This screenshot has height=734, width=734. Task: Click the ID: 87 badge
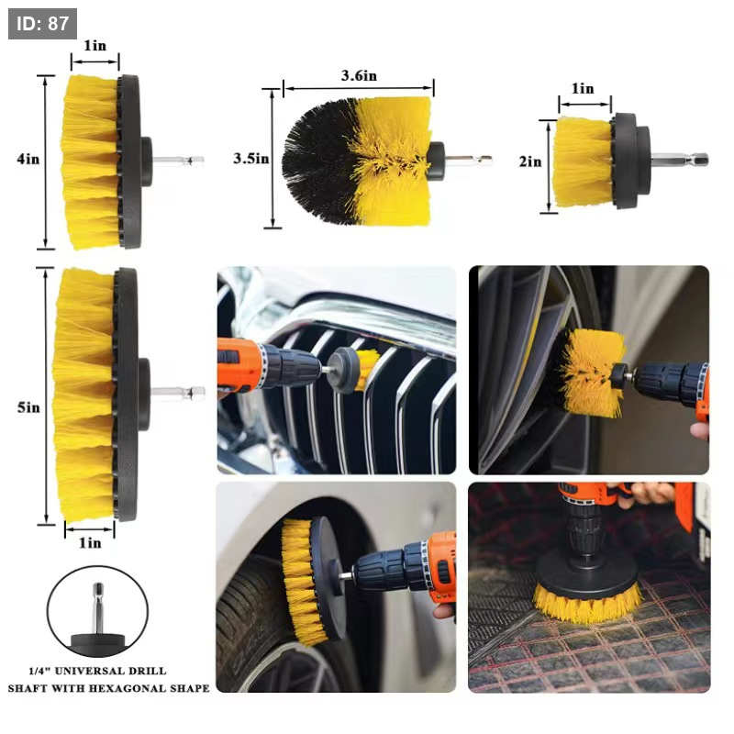pyautogui.click(x=42, y=24)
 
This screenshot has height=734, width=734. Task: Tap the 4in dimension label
pyautogui.click(x=28, y=159)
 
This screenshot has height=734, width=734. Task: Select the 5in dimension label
pyautogui.click(x=28, y=407)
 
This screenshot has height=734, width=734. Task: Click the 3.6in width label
pyautogui.click(x=359, y=76)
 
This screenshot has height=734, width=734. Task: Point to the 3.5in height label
pyautogui.click(x=251, y=159)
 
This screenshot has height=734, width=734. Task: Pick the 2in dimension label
pyautogui.click(x=530, y=161)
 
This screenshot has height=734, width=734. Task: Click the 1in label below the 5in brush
pyautogui.click(x=90, y=542)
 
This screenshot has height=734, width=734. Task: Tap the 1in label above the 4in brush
pyautogui.click(x=95, y=45)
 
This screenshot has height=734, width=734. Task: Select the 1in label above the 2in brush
pyautogui.click(x=583, y=88)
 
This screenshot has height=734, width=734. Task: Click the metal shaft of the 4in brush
pyautogui.click(x=178, y=161)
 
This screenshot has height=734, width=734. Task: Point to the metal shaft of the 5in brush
pyautogui.click(x=178, y=394)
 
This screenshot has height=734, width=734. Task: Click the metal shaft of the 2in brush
pyautogui.click(x=679, y=160)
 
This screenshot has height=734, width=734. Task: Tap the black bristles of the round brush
pyautogui.click(x=318, y=159)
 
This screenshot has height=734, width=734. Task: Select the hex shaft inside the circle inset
pyautogui.click(x=98, y=608)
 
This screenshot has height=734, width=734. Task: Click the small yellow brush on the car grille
pyautogui.click(x=367, y=369)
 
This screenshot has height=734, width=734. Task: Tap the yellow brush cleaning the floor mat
pyautogui.click(x=588, y=605)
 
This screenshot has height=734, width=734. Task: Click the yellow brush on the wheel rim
pyautogui.click(x=591, y=373)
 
